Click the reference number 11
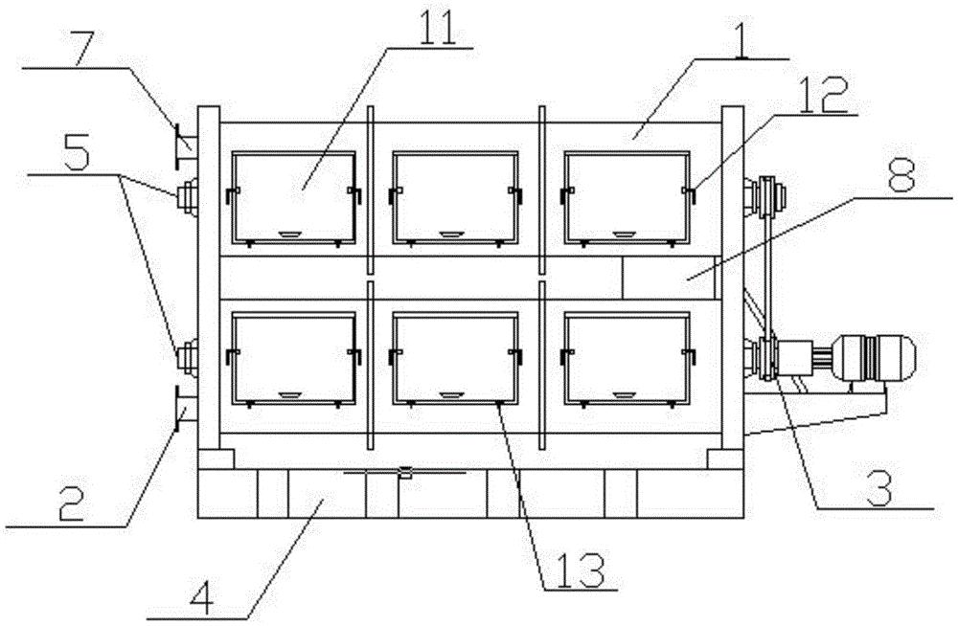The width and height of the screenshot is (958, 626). click(x=437, y=28)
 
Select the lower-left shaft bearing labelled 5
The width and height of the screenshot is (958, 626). click(x=186, y=355)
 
